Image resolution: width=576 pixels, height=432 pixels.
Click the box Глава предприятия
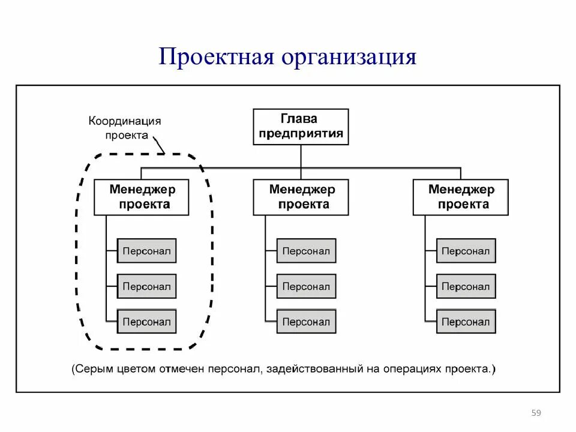click(301, 127)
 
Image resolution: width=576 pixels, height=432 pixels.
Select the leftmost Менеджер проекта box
click(142, 197)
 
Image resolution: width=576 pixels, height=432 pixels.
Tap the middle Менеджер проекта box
click(301, 197)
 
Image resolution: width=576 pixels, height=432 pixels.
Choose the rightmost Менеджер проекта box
click(460, 197)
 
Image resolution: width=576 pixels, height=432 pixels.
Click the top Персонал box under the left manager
click(146, 251)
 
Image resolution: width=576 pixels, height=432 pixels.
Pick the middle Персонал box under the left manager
click(146, 286)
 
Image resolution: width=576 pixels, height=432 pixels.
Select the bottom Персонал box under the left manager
click(146, 322)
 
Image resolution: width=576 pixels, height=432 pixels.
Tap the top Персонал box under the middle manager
click(306, 251)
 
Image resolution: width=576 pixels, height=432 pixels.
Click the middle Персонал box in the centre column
click(306, 286)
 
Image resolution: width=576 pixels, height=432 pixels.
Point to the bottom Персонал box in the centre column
click(306, 322)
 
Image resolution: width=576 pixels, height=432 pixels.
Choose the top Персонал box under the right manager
click(466, 251)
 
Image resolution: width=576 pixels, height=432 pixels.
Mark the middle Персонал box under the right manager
click(466, 286)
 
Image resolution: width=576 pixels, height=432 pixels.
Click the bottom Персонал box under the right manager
click(466, 322)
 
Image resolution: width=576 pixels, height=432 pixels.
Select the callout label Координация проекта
click(125, 128)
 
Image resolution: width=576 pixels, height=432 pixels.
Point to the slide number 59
click(536, 413)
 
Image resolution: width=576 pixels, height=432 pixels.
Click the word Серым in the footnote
click(93, 368)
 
